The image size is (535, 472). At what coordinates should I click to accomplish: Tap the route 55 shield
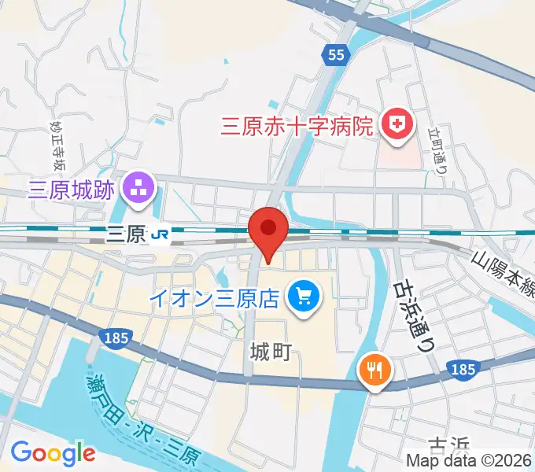336,54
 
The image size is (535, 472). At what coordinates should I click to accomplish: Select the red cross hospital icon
397,125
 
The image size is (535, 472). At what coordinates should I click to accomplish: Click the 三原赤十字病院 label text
296,125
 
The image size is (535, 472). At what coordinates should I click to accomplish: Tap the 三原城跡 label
72,189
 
